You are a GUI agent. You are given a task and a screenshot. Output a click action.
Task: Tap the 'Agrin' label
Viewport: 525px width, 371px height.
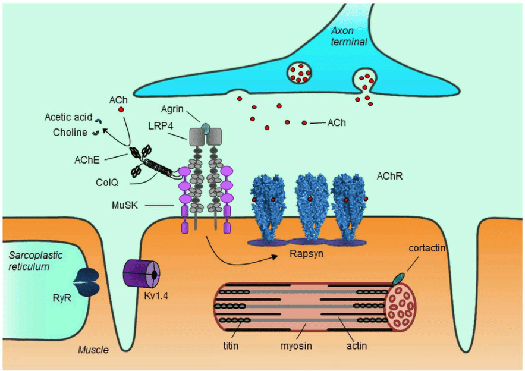coord(172,109)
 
